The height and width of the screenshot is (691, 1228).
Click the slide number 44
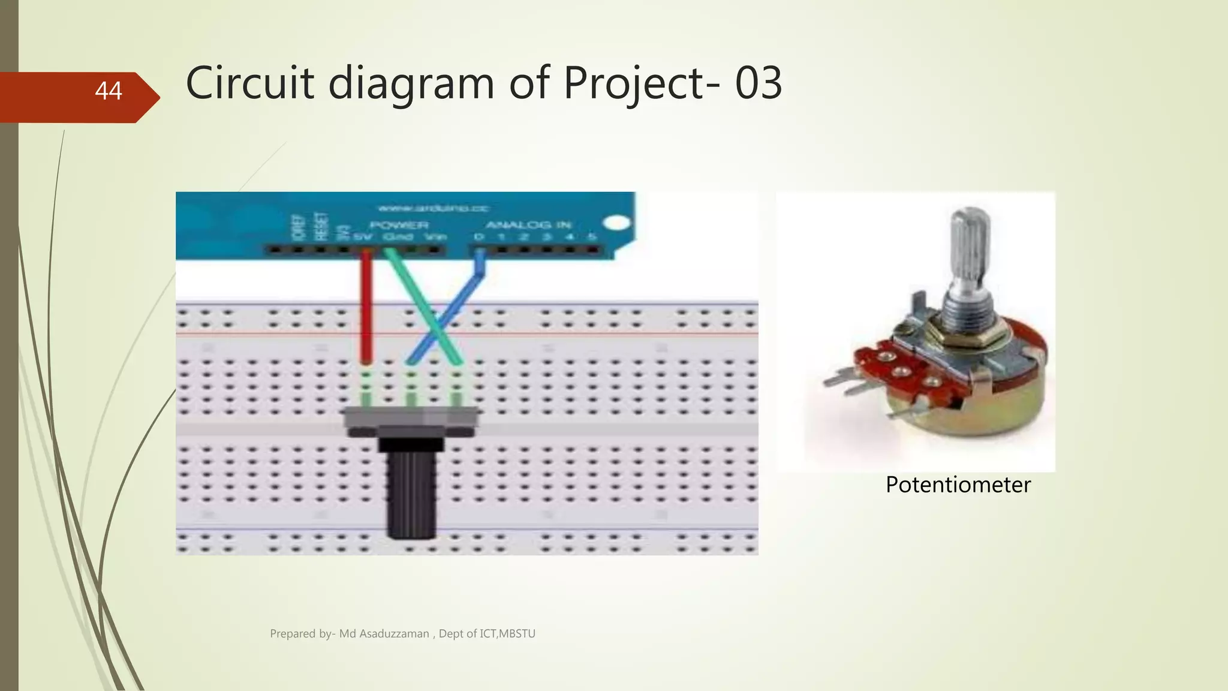pos(109,91)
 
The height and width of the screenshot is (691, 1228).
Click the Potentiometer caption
pos(958,485)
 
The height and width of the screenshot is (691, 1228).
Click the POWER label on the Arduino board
pos(399,225)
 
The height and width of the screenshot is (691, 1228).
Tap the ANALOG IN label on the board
pos(528,225)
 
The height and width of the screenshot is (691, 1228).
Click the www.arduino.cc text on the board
pos(433,209)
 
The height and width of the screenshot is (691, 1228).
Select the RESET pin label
pos(321,226)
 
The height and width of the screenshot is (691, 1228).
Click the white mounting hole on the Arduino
pos(616,224)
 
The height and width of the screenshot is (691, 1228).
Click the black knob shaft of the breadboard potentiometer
pos(411,492)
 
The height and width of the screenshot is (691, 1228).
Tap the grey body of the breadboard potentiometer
pos(411,420)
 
